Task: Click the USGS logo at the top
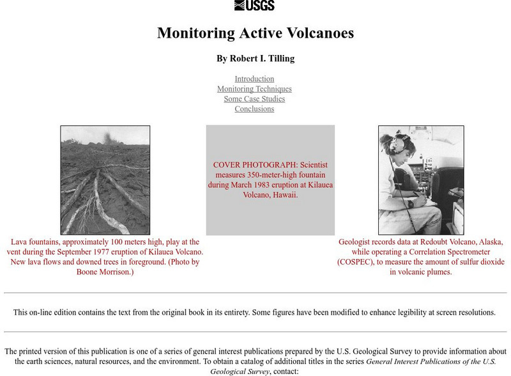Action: click(254, 6)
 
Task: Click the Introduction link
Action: click(254, 79)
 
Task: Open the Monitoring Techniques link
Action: click(254, 89)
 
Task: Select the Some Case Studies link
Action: click(254, 99)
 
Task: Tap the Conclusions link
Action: click(254, 109)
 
